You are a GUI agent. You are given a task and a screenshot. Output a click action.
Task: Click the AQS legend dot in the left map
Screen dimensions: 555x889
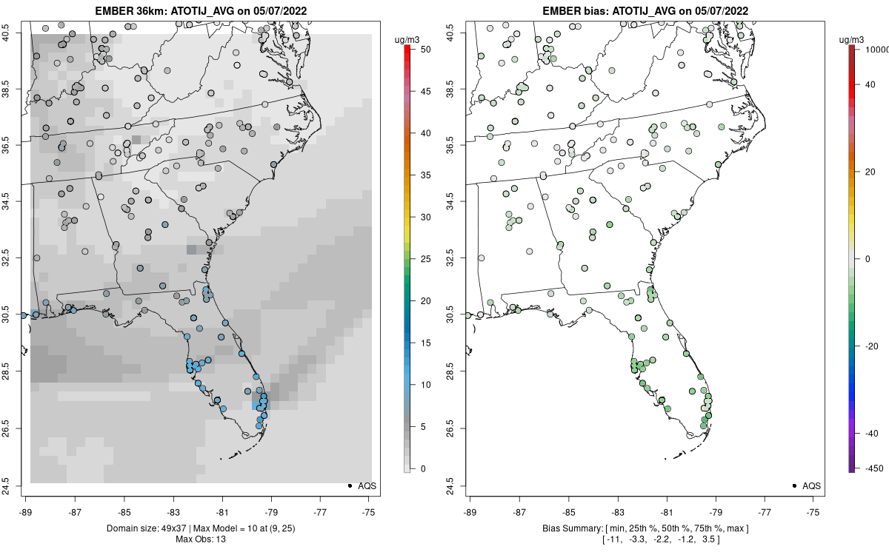[350, 485]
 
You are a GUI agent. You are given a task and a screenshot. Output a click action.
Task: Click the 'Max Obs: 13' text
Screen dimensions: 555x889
[200, 539]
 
